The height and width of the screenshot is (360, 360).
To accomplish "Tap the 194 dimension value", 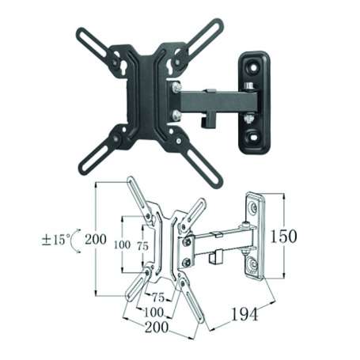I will [244, 315].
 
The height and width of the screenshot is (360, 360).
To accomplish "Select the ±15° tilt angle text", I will [56, 236].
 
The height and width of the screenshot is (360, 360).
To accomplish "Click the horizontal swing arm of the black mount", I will [214, 101].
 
